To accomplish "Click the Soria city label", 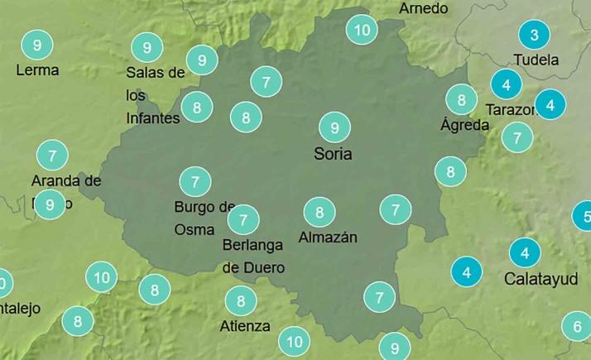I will pos(333,154).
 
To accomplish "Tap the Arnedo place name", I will pos(423,8).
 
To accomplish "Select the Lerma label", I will pos(37,70).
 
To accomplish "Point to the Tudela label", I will pos(536,60).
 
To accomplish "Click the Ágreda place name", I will pos(464,126).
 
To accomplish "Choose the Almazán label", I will pos(327,238).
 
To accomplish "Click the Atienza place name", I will pos(245,325).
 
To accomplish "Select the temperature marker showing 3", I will pos(534,35).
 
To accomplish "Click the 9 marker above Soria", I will pos(334,127).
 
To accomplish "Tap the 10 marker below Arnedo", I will pos(362,31).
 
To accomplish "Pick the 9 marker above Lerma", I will pos(36,44).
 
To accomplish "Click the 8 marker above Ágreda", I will pos(461,100).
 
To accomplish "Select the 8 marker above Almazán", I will pos(320,213).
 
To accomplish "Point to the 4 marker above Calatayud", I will pos(524,252).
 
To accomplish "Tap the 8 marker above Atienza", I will pos(241,300).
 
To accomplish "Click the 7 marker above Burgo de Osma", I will pos(195,181).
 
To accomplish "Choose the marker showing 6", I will pos(577,326).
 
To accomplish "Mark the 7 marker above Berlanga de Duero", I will pos(243,219).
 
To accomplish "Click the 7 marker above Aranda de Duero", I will pos(52,155).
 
